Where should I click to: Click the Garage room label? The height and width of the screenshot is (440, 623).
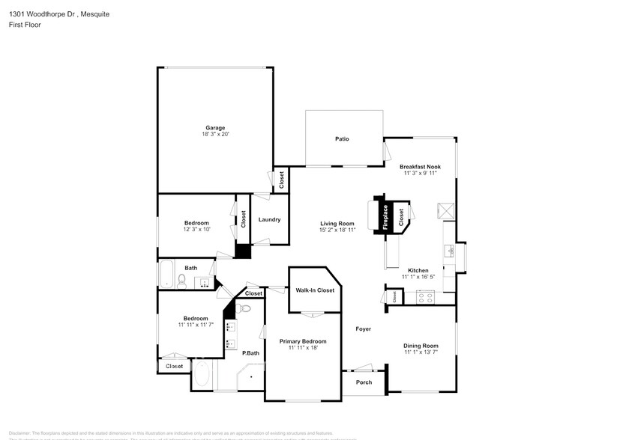(x=215, y=127)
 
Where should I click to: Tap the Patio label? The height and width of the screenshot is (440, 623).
(x=342, y=138)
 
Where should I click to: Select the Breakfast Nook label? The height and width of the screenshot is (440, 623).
(x=420, y=166)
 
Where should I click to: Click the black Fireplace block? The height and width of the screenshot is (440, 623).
(x=384, y=216)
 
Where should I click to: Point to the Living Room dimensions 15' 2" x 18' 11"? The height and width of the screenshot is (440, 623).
(x=337, y=230)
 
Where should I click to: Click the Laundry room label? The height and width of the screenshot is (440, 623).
(x=269, y=219)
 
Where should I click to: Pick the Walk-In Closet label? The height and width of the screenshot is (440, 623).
(x=315, y=290)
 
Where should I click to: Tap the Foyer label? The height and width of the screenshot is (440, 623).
(x=363, y=329)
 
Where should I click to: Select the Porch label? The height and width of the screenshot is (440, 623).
(x=364, y=382)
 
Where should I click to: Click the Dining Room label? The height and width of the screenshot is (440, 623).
(x=421, y=345)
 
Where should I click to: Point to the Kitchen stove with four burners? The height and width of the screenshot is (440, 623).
(x=425, y=296)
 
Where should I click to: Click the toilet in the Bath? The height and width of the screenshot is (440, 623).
(x=181, y=280)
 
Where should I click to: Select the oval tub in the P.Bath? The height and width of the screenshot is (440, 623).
(x=202, y=375)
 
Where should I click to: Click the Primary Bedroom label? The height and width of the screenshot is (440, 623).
(x=303, y=341)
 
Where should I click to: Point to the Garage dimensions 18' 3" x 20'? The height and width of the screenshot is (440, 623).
(x=215, y=135)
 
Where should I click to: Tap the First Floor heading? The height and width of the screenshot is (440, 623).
(x=24, y=25)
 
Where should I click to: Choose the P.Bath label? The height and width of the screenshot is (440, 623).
(x=250, y=353)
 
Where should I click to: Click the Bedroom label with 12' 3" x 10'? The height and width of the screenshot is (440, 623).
(x=196, y=222)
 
